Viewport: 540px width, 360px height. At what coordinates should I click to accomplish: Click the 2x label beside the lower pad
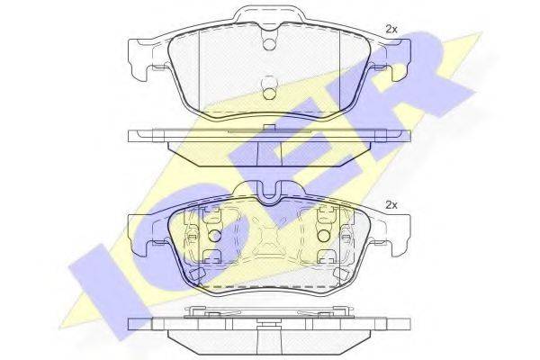point(391,205)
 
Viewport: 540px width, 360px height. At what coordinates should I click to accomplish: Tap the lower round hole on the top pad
point(269,88)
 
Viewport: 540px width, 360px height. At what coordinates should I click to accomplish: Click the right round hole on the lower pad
point(322,237)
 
